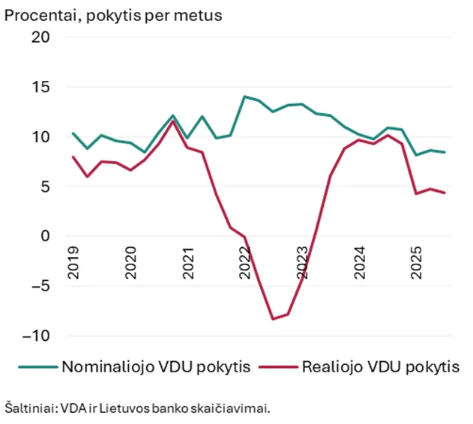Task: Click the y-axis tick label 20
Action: point(39,37)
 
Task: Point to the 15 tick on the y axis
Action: point(39,87)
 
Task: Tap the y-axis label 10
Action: point(39,137)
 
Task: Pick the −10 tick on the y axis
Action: point(34,336)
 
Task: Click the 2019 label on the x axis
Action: point(73,261)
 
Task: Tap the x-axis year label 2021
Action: point(187,261)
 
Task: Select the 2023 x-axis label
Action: point(303,261)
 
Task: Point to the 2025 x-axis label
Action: point(418,261)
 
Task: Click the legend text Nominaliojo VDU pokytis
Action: point(156,368)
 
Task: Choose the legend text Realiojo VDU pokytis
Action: point(380,368)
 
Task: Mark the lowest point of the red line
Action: point(274,319)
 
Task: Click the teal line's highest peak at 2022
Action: point(244,97)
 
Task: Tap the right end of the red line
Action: point(445,193)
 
